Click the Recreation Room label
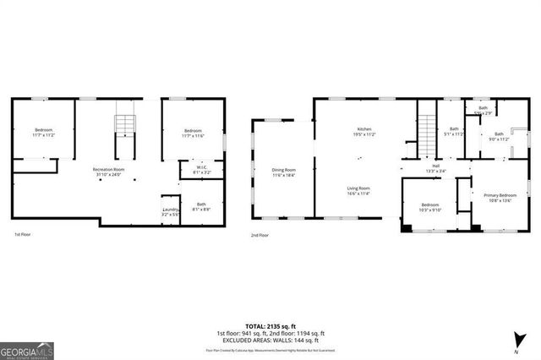tap(108, 172)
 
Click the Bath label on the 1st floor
tap(201, 206)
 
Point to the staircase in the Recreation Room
tap(125, 128)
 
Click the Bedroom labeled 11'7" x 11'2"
tap(43, 133)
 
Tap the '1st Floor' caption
tap(24, 235)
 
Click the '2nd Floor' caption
tap(260, 235)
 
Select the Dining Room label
tap(283, 172)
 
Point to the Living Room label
tap(358, 191)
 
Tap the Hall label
tap(435, 168)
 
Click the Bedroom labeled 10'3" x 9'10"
tap(430, 208)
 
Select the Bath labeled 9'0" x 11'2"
tap(499, 136)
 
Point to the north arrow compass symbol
tap(516, 342)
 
